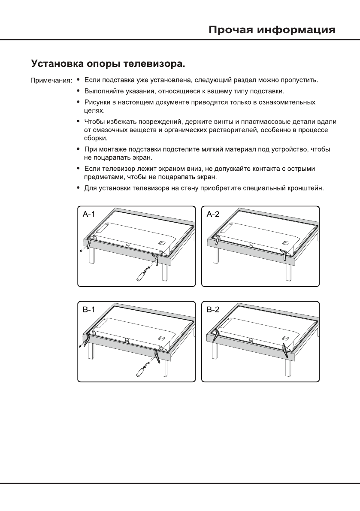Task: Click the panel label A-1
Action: coord(89,215)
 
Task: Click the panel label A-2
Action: coord(213,215)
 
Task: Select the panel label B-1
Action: coord(89,310)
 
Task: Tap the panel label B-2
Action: coord(213,310)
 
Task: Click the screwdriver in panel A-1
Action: coord(141,275)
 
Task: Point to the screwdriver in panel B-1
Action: coord(141,371)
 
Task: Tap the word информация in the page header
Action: coord(299,30)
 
